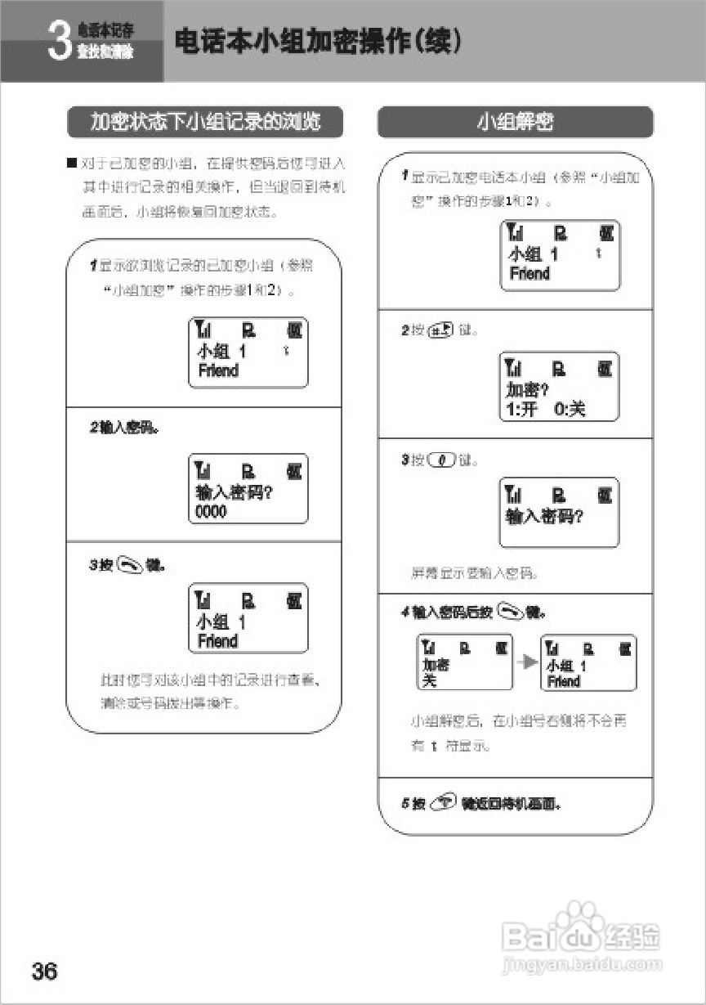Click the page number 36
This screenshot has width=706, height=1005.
45,971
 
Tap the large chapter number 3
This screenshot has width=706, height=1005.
58,42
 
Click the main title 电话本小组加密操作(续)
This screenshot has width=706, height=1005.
318,42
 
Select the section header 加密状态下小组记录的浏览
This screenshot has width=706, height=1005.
204,122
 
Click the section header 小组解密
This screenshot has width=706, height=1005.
515,122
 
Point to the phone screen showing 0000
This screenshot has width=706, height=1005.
248,488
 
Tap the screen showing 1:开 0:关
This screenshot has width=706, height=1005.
559,387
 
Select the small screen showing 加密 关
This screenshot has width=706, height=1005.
465,662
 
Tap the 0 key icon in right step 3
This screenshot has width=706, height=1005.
441,460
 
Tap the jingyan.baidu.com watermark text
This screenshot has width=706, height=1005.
583,965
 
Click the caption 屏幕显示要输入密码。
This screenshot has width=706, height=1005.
474,573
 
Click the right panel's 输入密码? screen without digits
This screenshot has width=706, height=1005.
559,513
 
